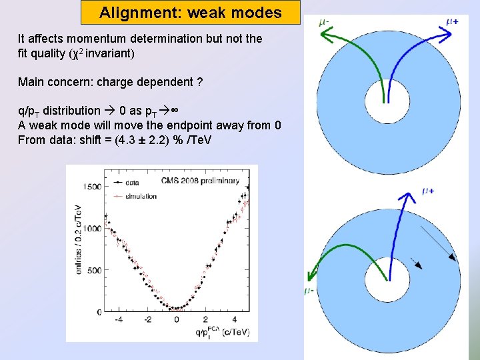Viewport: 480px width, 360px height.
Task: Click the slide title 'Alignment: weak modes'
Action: pos(190,13)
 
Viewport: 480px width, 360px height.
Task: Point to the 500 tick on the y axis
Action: pos(94,270)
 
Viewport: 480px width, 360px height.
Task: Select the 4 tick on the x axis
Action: pos(233,319)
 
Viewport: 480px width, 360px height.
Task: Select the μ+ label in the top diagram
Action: pos(451,22)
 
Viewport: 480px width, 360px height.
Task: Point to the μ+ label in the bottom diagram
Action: pos(429,191)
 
